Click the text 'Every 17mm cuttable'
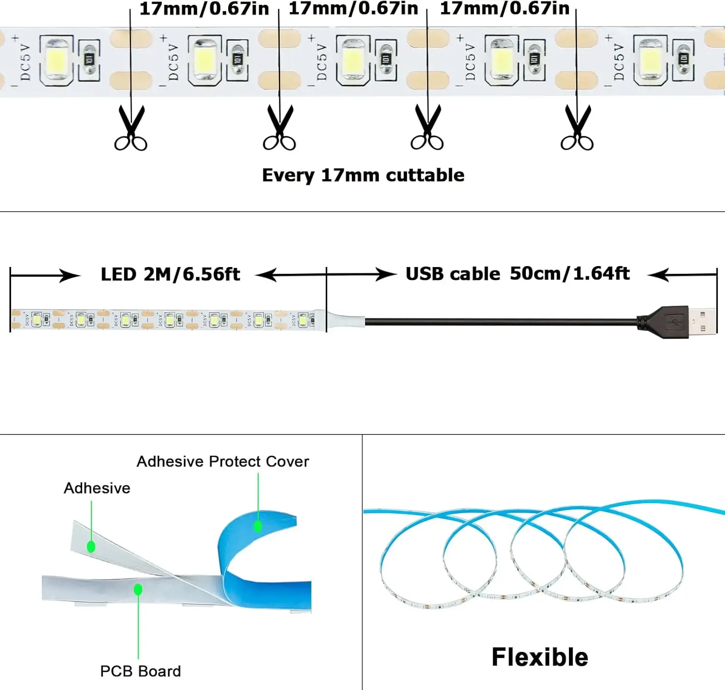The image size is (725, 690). click(363, 175)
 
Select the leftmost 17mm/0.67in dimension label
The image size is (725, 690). click(204, 9)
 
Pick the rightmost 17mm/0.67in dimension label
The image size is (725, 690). click(505, 9)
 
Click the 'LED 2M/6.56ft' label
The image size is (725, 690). click(170, 274)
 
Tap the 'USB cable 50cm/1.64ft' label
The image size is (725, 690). click(517, 274)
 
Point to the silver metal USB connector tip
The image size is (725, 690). click(703, 321)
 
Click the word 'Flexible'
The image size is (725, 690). click(539, 657)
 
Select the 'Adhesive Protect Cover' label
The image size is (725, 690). click(223, 462)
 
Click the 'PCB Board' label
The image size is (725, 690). click(140, 671)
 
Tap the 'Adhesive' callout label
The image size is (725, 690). click(97, 488)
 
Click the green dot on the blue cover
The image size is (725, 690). click(258, 526)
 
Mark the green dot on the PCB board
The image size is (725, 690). click(138, 590)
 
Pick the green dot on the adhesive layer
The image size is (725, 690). click(91, 547)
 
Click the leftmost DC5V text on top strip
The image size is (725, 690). click(25, 62)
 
